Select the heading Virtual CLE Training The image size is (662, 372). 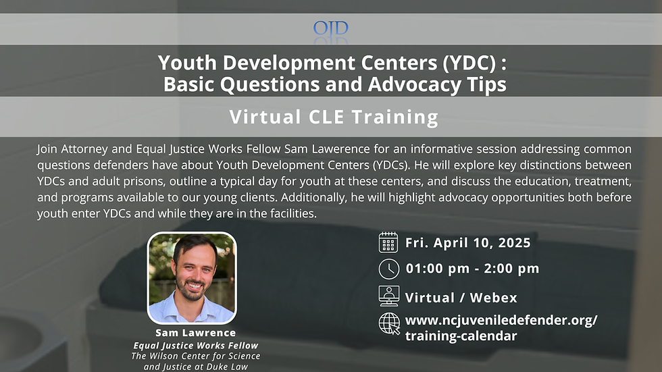(x=334, y=117)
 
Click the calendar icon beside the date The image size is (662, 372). (x=388, y=242)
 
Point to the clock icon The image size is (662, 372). (x=388, y=269)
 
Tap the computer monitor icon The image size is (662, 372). (x=388, y=296)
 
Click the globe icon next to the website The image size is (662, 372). (x=388, y=323)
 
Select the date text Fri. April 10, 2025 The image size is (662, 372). (x=468, y=243)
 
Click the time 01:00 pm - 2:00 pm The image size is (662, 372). (x=472, y=269)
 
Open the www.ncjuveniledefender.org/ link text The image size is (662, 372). (x=501, y=320)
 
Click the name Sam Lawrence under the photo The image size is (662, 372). (x=195, y=333)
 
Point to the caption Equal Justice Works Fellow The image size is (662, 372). (x=195, y=345)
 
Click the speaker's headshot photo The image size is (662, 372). (x=192, y=277)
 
